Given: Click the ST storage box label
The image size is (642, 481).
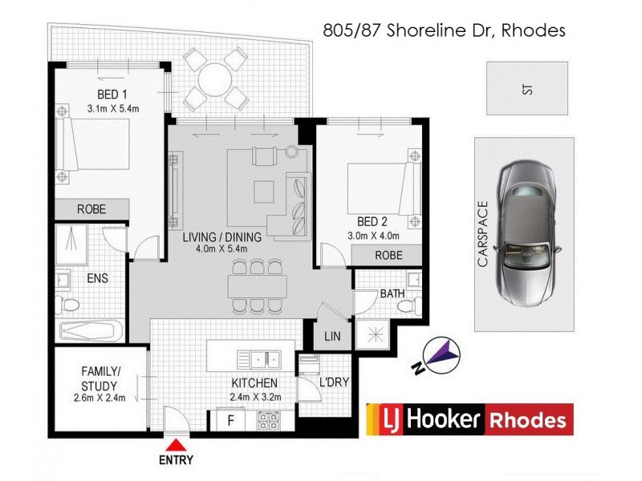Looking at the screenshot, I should (x=526, y=89).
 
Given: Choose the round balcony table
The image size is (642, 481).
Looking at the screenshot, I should (x=214, y=79).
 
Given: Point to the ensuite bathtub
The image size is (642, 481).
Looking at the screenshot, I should (x=91, y=332).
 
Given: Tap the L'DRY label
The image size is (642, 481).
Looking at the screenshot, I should (x=333, y=382).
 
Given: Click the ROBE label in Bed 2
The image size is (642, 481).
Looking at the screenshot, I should (x=388, y=256).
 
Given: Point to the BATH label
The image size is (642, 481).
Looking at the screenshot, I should (x=392, y=294).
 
